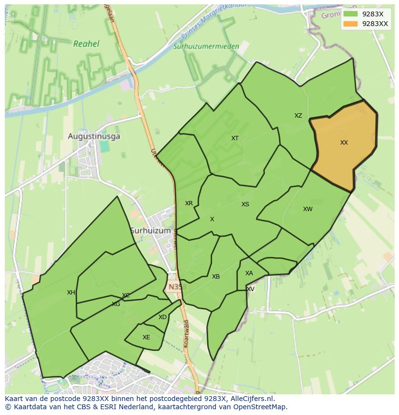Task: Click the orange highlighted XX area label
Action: pos(344,143)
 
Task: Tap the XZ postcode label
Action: pos(298,116)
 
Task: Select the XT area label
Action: pos(235,138)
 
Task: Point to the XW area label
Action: pos(307,209)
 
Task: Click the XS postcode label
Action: pos(245,204)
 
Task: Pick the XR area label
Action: pos(189,203)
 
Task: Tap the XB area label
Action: pos(216,277)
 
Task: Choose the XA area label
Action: pos(249,273)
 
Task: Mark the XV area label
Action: pos(251,289)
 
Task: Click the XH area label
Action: pos(71,293)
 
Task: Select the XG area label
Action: pos(116,304)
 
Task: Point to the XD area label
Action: pos(162,317)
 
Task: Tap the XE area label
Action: pos(146,337)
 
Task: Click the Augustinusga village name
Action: pos(94,136)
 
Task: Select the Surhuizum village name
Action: pos(150,231)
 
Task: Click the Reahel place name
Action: pos(86,44)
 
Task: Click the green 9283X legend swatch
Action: pos(350,14)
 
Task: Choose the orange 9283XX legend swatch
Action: pos(350,24)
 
